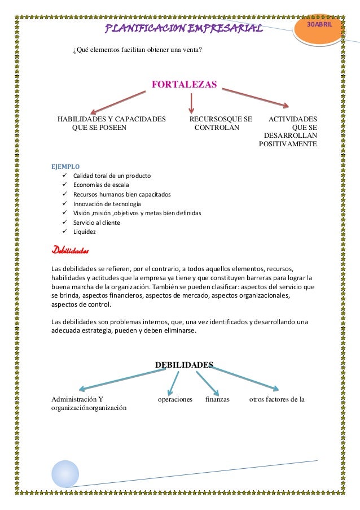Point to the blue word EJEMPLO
[x=65, y=167]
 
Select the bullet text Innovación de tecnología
[x=106, y=203]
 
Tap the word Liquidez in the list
[x=85, y=232]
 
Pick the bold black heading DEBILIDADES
[x=185, y=365]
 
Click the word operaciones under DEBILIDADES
[x=175, y=399]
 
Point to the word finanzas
[x=217, y=399]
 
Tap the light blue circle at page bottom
[x=65, y=473]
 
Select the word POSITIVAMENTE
[x=288, y=144]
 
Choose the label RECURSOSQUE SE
[x=221, y=119]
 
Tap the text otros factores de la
[x=277, y=399]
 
